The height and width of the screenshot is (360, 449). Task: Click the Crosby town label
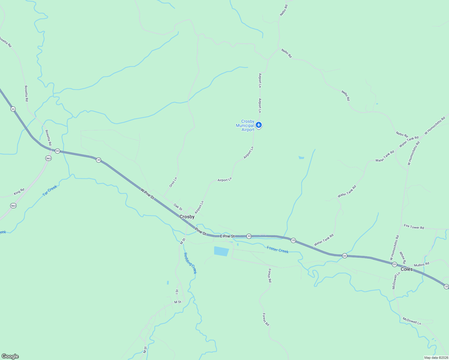(187, 217)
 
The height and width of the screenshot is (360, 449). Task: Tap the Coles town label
(407, 269)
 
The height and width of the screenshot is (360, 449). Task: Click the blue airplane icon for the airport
(259, 125)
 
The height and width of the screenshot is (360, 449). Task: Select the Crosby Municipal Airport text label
(245, 126)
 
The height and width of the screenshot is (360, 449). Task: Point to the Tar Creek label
(50, 191)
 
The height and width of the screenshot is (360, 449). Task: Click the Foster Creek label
(278, 250)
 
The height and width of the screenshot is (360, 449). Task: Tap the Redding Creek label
(190, 263)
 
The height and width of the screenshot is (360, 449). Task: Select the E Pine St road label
(227, 236)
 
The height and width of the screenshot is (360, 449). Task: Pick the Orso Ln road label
(173, 182)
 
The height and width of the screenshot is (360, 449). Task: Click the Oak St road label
(178, 207)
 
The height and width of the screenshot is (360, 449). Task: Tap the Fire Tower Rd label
(414, 227)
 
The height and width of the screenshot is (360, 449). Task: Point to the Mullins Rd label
(421, 265)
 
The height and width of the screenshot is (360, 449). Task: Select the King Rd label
(19, 191)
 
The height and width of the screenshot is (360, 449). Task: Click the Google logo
(10, 356)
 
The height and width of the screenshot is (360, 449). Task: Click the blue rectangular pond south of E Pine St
(221, 251)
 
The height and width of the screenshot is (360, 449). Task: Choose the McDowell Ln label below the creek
(412, 321)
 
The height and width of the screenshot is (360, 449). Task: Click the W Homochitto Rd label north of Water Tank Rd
(435, 125)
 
